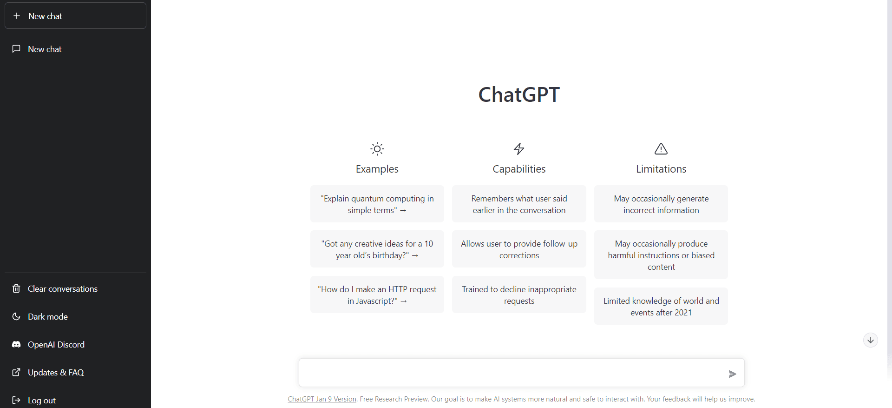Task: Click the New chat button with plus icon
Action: coord(75,16)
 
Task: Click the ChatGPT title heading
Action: coord(519,94)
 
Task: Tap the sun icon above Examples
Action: coord(377,149)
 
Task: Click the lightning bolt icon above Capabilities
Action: coord(519,149)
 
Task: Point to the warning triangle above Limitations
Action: coord(661,149)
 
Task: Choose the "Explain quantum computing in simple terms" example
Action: coord(377,204)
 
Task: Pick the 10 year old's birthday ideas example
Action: coord(377,249)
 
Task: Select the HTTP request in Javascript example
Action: coord(377,295)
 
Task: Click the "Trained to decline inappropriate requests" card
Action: coord(519,295)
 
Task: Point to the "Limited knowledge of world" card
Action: coord(661,307)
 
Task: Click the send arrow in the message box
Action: coord(732,374)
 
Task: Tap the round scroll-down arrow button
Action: coord(871,340)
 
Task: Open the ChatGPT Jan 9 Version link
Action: coord(322,399)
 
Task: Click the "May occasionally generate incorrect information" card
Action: coord(661,204)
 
